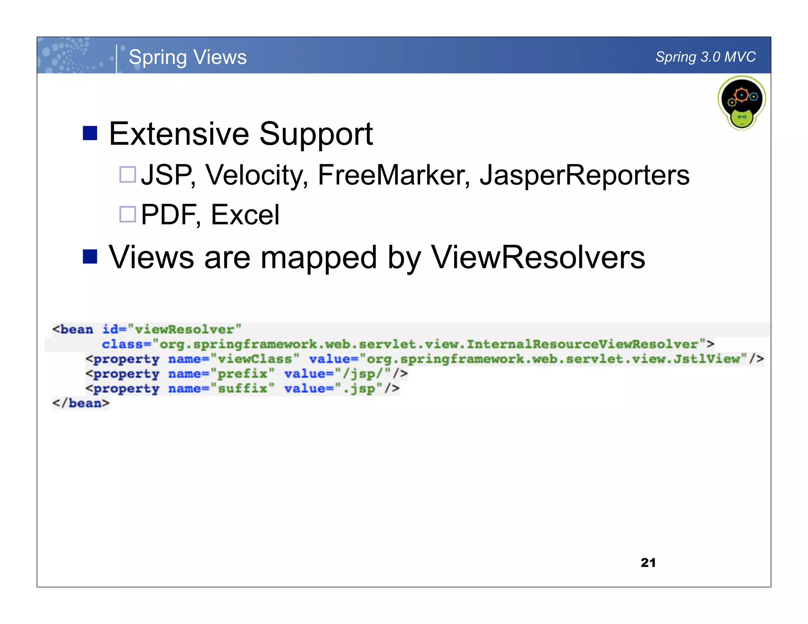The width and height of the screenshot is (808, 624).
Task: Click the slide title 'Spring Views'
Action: coord(187,57)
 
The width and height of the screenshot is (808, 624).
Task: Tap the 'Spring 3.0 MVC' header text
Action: coord(705,57)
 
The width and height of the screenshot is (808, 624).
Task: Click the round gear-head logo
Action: coord(742,103)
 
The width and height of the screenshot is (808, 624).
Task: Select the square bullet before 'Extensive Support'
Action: coord(90,133)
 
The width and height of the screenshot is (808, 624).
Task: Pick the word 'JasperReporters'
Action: coord(585,175)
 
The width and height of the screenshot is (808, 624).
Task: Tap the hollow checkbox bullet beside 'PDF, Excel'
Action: coord(128,214)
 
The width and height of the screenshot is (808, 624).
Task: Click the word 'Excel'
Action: coord(245,215)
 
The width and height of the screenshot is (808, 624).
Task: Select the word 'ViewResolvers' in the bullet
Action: coord(538,257)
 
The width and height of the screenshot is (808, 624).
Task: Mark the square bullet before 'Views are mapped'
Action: coord(90,257)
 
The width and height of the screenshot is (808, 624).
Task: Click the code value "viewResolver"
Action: coord(185,329)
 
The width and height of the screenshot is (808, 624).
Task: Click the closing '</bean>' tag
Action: coord(81,403)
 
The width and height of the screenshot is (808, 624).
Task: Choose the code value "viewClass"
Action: coord(255,359)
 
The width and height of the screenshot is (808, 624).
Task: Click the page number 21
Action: coord(648,562)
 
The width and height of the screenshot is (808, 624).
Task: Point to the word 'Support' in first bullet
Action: coord(316,134)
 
